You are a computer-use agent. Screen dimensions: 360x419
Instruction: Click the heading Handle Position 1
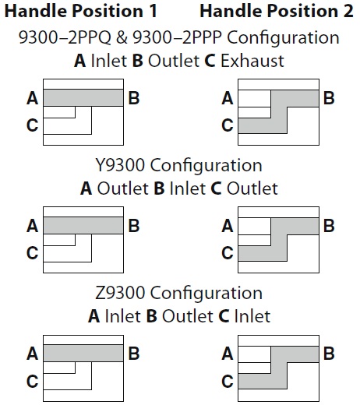[81, 11]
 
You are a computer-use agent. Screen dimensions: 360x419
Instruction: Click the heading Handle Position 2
[277, 11]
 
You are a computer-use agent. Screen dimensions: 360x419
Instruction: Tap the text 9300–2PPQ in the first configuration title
[65, 37]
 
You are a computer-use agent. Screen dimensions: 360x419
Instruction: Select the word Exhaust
[252, 61]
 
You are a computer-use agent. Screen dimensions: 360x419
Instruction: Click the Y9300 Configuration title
[178, 165]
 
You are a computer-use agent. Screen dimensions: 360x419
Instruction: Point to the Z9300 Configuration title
[178, 293]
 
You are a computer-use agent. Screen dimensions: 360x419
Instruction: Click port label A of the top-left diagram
[33, 98]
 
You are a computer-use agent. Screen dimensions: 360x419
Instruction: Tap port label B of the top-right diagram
[329, 98]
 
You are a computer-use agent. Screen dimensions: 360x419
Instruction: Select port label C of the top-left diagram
[33, 125]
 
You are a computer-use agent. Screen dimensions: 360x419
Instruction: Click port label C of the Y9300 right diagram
[228, 253]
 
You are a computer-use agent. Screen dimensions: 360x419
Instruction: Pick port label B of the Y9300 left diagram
[134, 226]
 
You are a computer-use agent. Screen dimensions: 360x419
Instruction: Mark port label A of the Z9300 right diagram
[228, 354]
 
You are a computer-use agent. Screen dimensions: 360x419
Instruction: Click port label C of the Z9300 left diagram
[33, 381]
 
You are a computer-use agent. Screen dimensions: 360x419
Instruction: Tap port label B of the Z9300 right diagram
[329, 354]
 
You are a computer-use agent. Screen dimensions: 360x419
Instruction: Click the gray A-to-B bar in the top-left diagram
[83, 98]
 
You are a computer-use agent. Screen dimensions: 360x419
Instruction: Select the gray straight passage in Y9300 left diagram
[83, 226]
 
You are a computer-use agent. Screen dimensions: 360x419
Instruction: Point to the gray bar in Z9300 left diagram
[83, 354]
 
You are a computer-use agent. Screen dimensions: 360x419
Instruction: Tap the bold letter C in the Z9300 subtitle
[224, 316]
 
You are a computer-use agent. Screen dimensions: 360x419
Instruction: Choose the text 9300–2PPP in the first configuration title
[177, 37]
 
